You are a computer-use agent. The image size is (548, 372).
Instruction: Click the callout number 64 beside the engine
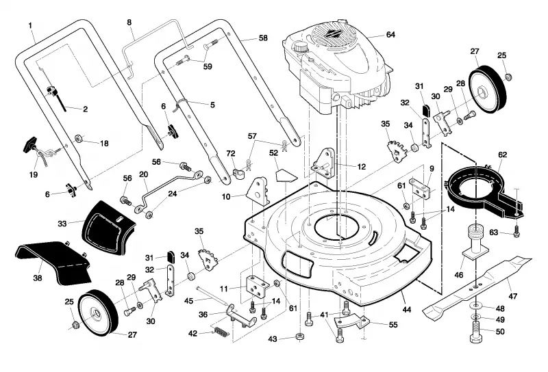click(390, 35)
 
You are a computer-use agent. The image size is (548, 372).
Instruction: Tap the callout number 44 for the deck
click(407, 309)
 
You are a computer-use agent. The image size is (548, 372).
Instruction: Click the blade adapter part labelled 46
click(476, 241)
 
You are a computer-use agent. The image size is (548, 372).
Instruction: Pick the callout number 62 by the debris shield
click(503, 155)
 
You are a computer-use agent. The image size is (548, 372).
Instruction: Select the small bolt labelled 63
click(517, 232)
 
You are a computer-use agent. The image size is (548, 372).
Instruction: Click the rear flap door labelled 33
click(108, 228)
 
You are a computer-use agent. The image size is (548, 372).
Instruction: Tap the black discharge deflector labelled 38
click(53, 261)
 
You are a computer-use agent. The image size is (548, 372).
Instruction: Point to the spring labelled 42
click(221, 332)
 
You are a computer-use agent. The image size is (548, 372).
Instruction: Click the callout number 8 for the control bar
click(129, 23)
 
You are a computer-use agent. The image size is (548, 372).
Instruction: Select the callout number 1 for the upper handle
click(30, 25)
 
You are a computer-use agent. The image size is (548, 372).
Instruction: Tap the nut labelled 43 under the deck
click(299, 336)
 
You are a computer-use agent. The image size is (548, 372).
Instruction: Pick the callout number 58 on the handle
click(263, 38)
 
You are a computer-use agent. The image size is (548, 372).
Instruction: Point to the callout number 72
click(231, 153)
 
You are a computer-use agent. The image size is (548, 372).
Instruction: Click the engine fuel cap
click(299, 46)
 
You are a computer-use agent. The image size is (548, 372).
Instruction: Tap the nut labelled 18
click(79, 139)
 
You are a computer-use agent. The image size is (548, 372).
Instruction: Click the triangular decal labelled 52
click(286, 175)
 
